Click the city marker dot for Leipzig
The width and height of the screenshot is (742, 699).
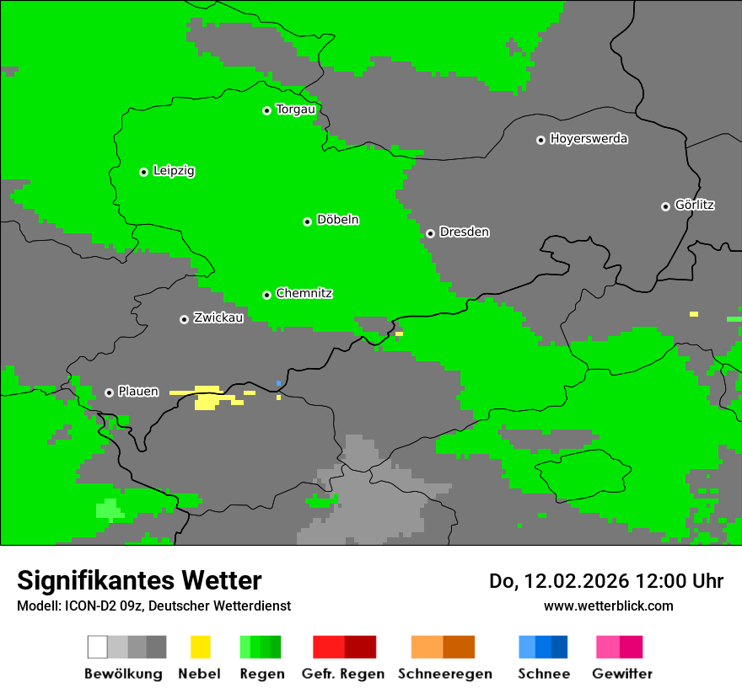click(x=143, y=172)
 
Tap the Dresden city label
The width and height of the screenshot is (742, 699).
click(x=464, y=232)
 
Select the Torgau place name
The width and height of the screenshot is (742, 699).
click(x=295, y=109)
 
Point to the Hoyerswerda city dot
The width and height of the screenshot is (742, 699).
click(x=540, y=140)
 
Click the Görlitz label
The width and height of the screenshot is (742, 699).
click(x=695, y=205)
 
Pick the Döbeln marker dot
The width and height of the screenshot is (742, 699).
click(x=307, y=221)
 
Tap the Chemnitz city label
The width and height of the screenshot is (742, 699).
click(x=304, y=293)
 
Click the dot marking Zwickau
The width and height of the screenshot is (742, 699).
click(x=184, y=319)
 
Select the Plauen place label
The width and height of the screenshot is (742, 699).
click(x=138, y=392)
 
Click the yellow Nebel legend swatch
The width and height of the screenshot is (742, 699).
click(x=200, y=647)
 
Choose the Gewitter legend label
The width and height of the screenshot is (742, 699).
click(x=621, y=674)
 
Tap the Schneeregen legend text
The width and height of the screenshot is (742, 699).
click(x=445, y=674)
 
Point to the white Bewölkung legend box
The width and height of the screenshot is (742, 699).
click(x=98, y=647)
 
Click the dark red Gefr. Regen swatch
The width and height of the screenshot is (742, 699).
click(x=360, y=647)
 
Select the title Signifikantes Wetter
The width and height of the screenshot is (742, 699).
click(x=139, y=580)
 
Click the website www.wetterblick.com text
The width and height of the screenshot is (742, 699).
click(x=608, y=606)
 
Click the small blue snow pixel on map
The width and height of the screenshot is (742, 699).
click(x=278, y=383)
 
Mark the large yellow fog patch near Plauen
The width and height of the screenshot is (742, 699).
click(x=206, y=398)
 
